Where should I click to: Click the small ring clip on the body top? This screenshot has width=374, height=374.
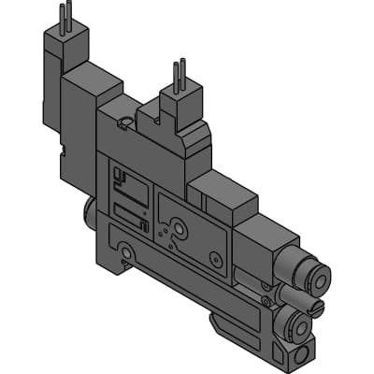125,120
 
